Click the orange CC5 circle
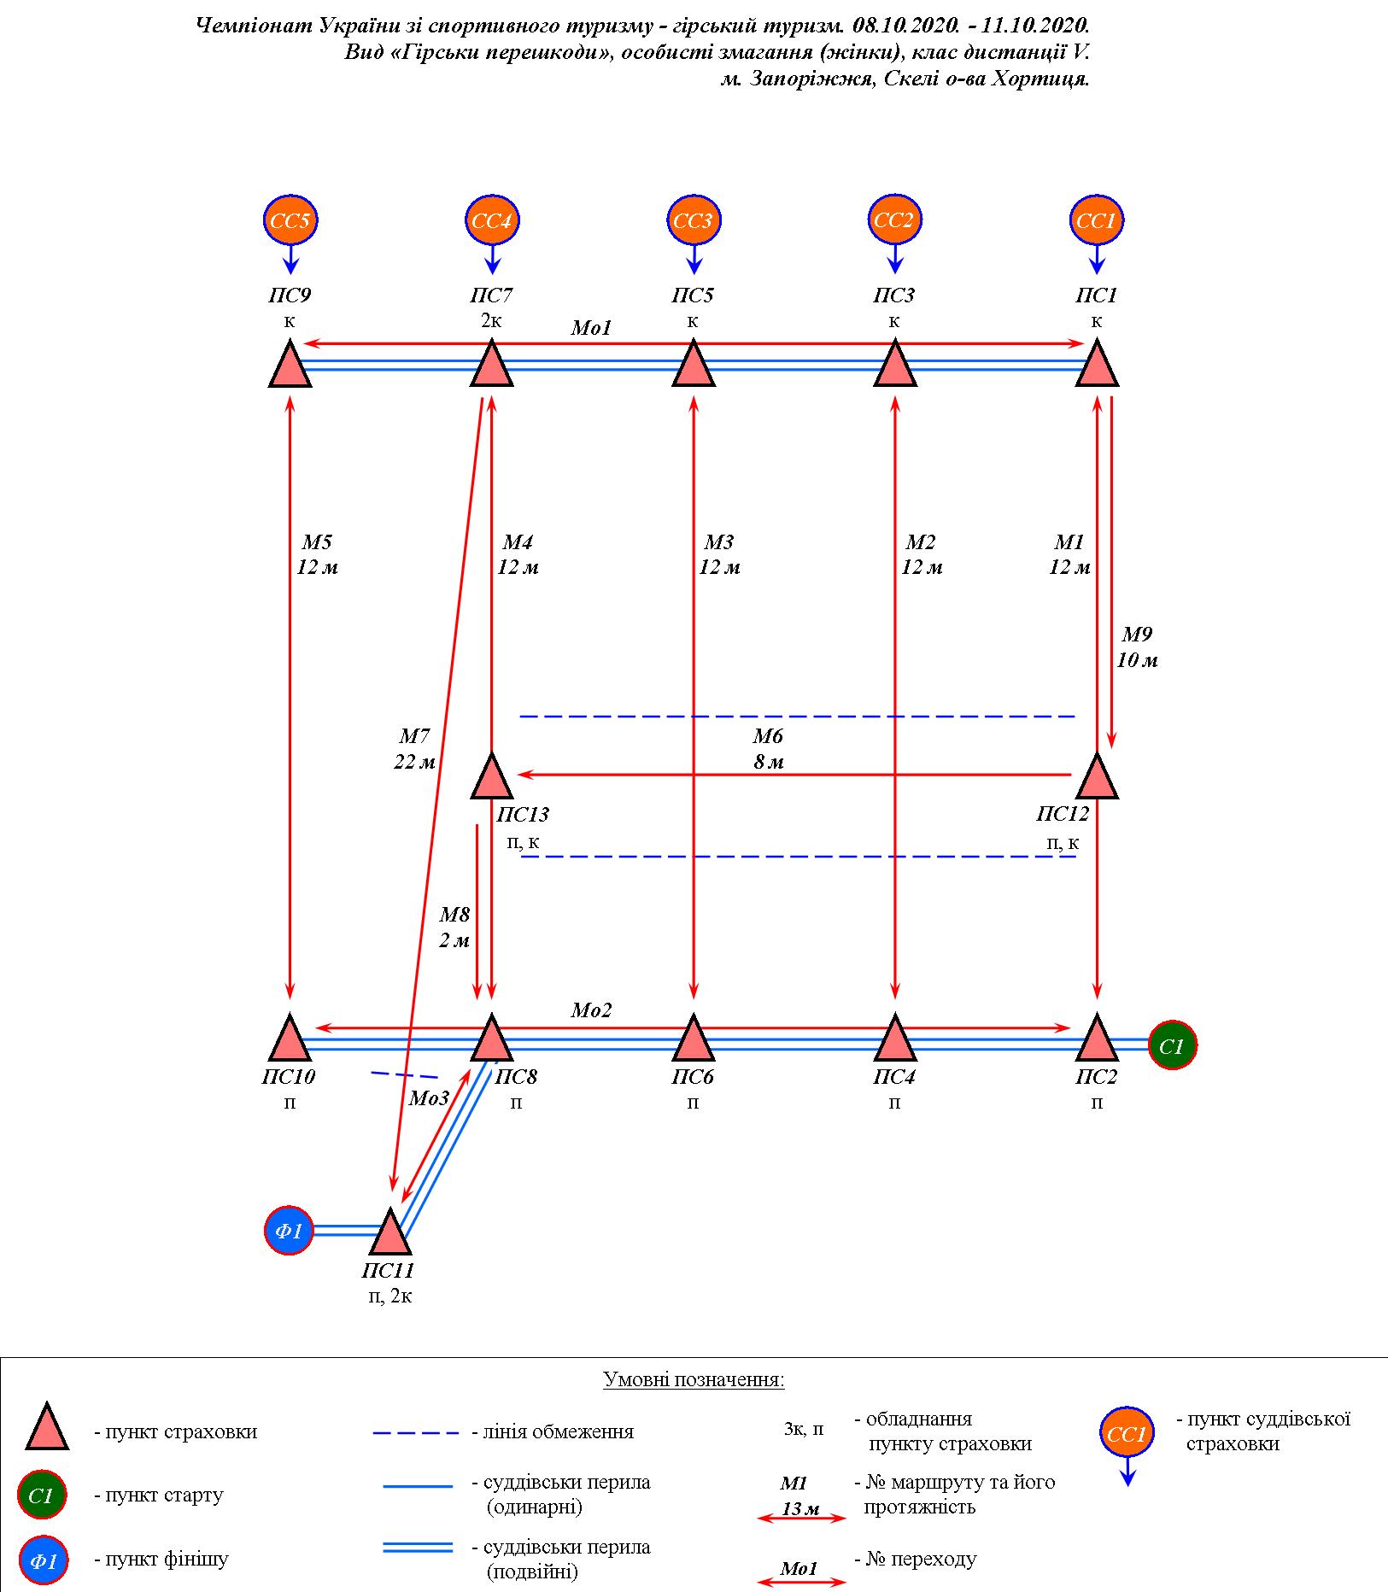[x=290, y=221]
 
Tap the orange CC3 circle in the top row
[x=693, y=221]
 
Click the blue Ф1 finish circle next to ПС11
[x=290, y=1231]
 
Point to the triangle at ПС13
[x=492, y=778]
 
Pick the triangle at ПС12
[x=1097, y=778]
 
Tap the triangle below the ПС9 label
[x=290, y=366]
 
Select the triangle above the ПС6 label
[x=693, y=1039]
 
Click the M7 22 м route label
[x=414, y=749]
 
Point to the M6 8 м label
[x=768, y=749]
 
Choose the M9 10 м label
[x=1137, y=647]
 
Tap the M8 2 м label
[x=454, y=928]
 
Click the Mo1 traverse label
[x=592, y=328]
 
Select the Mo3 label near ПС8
[x=429, y=1098]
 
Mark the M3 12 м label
[x=719, y=554]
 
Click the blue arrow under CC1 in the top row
[x=1097, y=258]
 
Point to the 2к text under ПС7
[x=491, y=321]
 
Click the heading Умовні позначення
[x=694, y=1379]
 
